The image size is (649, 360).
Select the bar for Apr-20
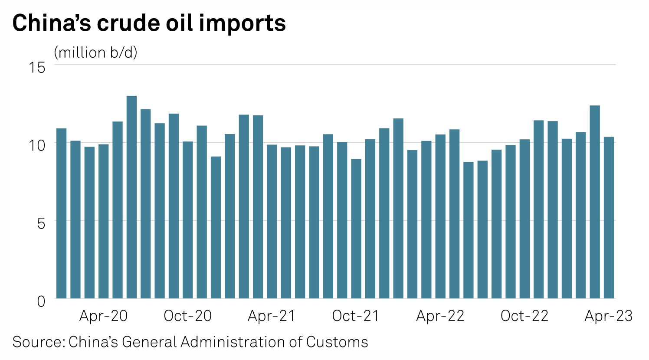[x=103, y=221]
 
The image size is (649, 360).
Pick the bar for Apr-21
[x=272, y=221]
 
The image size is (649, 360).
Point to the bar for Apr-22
[x=440, y=216]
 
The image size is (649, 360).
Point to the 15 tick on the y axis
[x=37, y=67]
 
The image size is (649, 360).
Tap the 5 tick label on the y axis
[x=41, y=223]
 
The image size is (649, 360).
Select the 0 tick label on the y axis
[x=41, y=301]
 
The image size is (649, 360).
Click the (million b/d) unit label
[x=95, y=52]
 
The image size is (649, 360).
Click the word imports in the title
[x=242, y=23]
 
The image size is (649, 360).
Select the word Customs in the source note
[x=337, y=342]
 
